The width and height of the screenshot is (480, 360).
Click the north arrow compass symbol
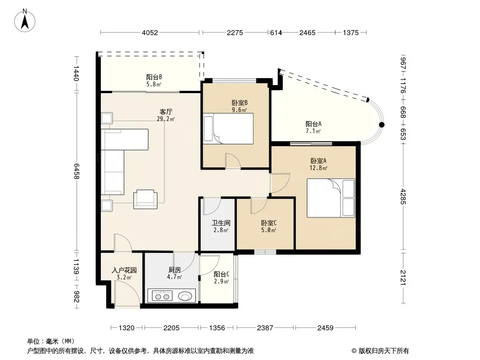(25, 21)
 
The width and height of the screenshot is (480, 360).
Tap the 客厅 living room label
(166, 112)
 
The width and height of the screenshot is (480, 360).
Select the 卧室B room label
(240, 103)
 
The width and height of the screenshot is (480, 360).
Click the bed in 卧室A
(331, 198)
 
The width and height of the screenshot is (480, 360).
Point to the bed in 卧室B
(228, 128)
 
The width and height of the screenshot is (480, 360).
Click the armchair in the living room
(145, 199)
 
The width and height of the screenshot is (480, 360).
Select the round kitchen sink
(185, 297)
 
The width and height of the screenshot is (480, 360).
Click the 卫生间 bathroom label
(221, 223)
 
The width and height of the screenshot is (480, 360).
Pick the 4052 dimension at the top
(149, 33)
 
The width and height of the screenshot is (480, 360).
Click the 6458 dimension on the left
(76, 171)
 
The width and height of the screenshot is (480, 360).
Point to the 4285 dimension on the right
(403, 197)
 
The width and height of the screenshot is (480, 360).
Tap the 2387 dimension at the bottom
(265, 328)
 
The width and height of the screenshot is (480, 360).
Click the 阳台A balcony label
(313, 124)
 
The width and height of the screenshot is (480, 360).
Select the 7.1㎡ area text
(313, 131)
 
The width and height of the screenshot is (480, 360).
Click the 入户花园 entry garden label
(124, 270)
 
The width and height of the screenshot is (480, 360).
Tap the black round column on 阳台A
(382, 125)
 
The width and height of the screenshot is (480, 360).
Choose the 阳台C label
(222, 274)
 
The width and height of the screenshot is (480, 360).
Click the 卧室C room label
(269, 223)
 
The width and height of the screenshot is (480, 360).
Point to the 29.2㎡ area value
(166, 119)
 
